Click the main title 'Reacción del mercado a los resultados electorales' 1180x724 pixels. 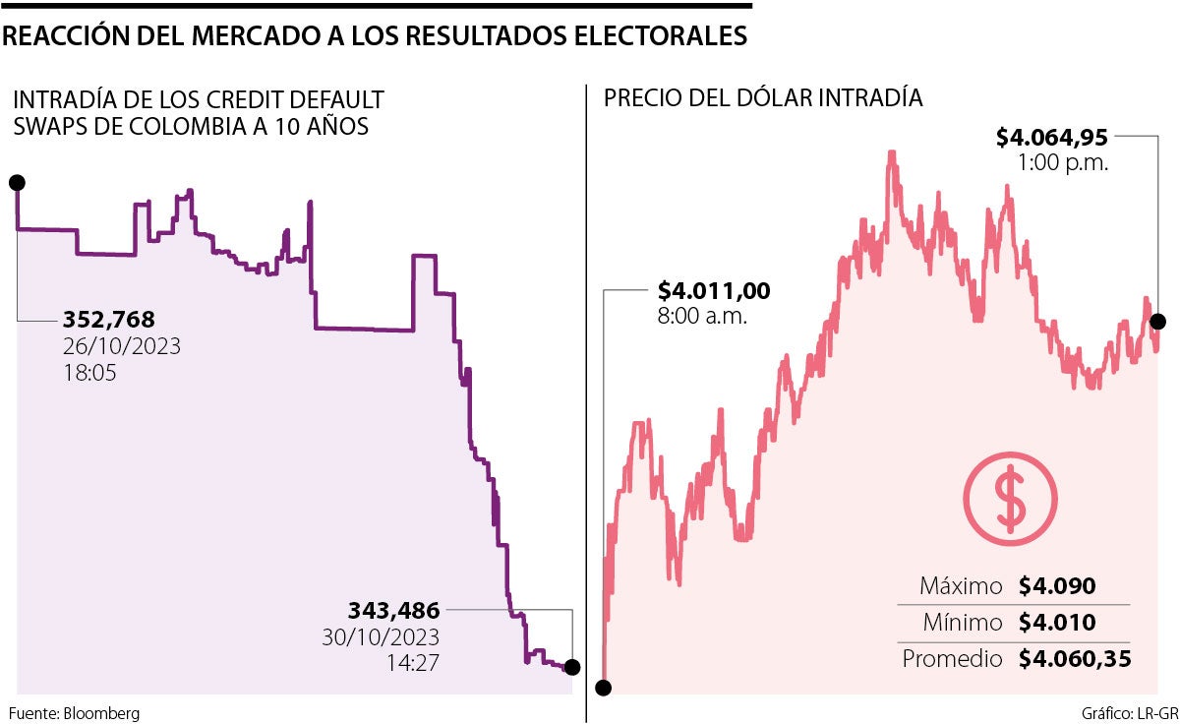pyautogui.click(x=375, y=36)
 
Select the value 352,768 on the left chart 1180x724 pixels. pyautogui.click(x=109, y=320)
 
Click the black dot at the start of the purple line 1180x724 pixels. pyautogui.click(x=17, y=182)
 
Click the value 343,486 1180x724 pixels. pyautogui.click(x=393, y=610)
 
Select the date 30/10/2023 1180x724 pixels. pyautogui.click(x=381, y=636)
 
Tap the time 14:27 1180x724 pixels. pyautogui.click(x=413, y=662)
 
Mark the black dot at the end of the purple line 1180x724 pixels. pyautogui.click(x=572, y=667)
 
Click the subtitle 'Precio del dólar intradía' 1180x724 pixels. pyautogui.click(x=763, y=98)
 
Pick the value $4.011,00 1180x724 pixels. pyautogui.click(x=714, y=291)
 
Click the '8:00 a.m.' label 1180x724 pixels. pyautogui.click(x=702, y=317)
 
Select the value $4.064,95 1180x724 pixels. pyautogui.click(x=1052, y=137)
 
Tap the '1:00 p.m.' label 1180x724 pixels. pyautogui.click(x=1064, y=163)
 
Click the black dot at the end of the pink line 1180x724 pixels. pyautogui.click(x=1157, y=322)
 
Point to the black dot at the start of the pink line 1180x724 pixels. pyautogui.click(x=605, y=688)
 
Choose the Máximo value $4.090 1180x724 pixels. pyautogui.click(x=1057, y=587)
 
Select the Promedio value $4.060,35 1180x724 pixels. pyautogui.click(x=1074, y=659)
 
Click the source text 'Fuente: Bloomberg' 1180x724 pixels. pyautogui.click(x=75, y=712)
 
